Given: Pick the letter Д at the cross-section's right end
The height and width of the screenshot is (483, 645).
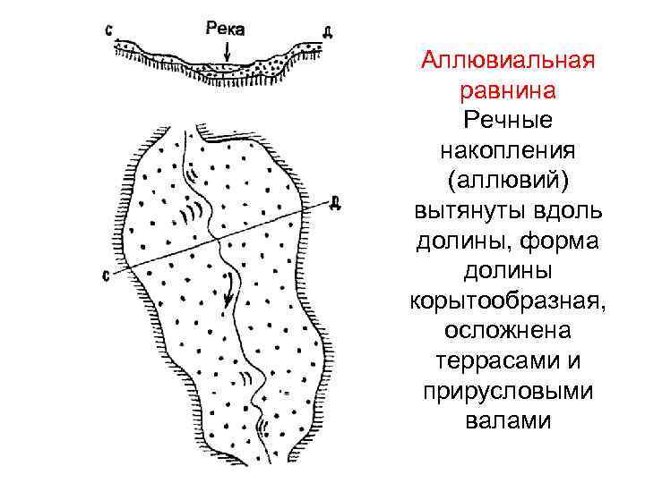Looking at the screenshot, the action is coord(328,33).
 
